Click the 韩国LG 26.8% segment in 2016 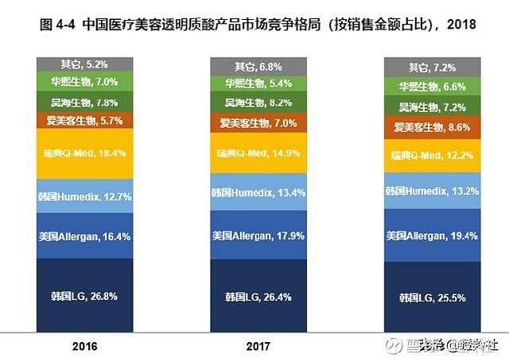84,296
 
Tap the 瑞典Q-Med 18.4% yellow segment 84,152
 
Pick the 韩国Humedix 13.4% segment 258,192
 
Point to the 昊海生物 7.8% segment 84,102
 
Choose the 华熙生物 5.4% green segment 258,83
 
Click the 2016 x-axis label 84,347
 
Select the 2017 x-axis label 258,347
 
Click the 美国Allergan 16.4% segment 84,235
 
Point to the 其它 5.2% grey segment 84,64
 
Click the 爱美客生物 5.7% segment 84,120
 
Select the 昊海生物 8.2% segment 258,102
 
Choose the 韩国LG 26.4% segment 258,297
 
